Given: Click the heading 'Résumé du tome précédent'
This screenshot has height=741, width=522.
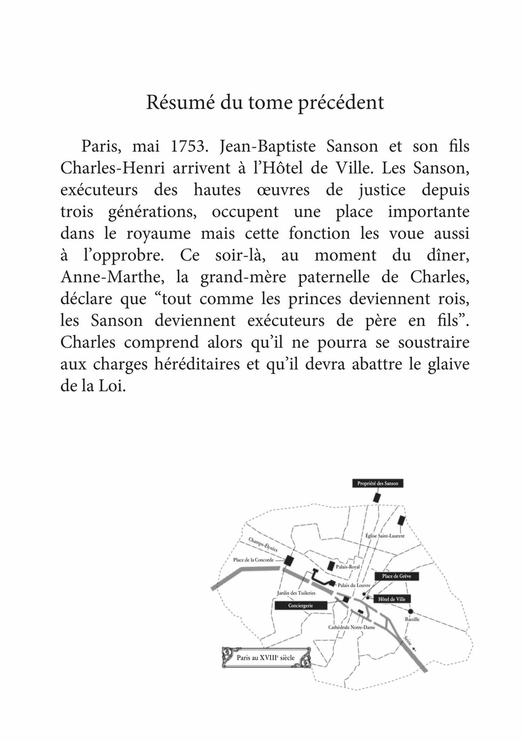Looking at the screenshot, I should (265, 103).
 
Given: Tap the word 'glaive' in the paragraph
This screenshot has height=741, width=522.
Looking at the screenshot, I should (447, 364).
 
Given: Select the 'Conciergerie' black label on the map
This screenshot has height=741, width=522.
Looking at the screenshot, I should (300, 606).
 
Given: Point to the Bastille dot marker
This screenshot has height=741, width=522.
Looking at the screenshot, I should (411, 611).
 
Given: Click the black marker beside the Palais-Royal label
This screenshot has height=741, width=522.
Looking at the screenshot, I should (330, 566).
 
